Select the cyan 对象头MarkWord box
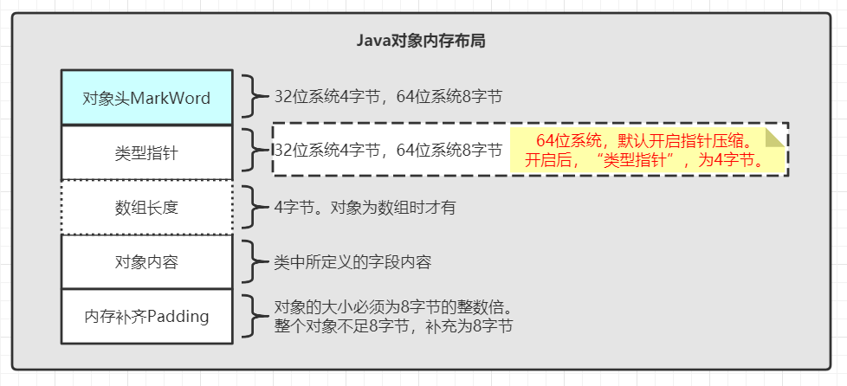tap(146, 98)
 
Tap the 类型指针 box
tap(146, 152)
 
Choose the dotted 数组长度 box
tap(146, 208)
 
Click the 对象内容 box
tap(146, 261)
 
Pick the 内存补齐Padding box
tap(146, 316)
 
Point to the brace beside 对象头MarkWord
tap(250, 96)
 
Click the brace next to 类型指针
tap(250, 151)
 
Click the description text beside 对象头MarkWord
tap(388, 96)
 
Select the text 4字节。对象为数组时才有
tap(365, 207)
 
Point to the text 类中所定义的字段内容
tap(352, 261)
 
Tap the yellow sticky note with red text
tap(648, 150)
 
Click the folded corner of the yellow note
tap(775, 138)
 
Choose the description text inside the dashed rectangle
tap(388, 151)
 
